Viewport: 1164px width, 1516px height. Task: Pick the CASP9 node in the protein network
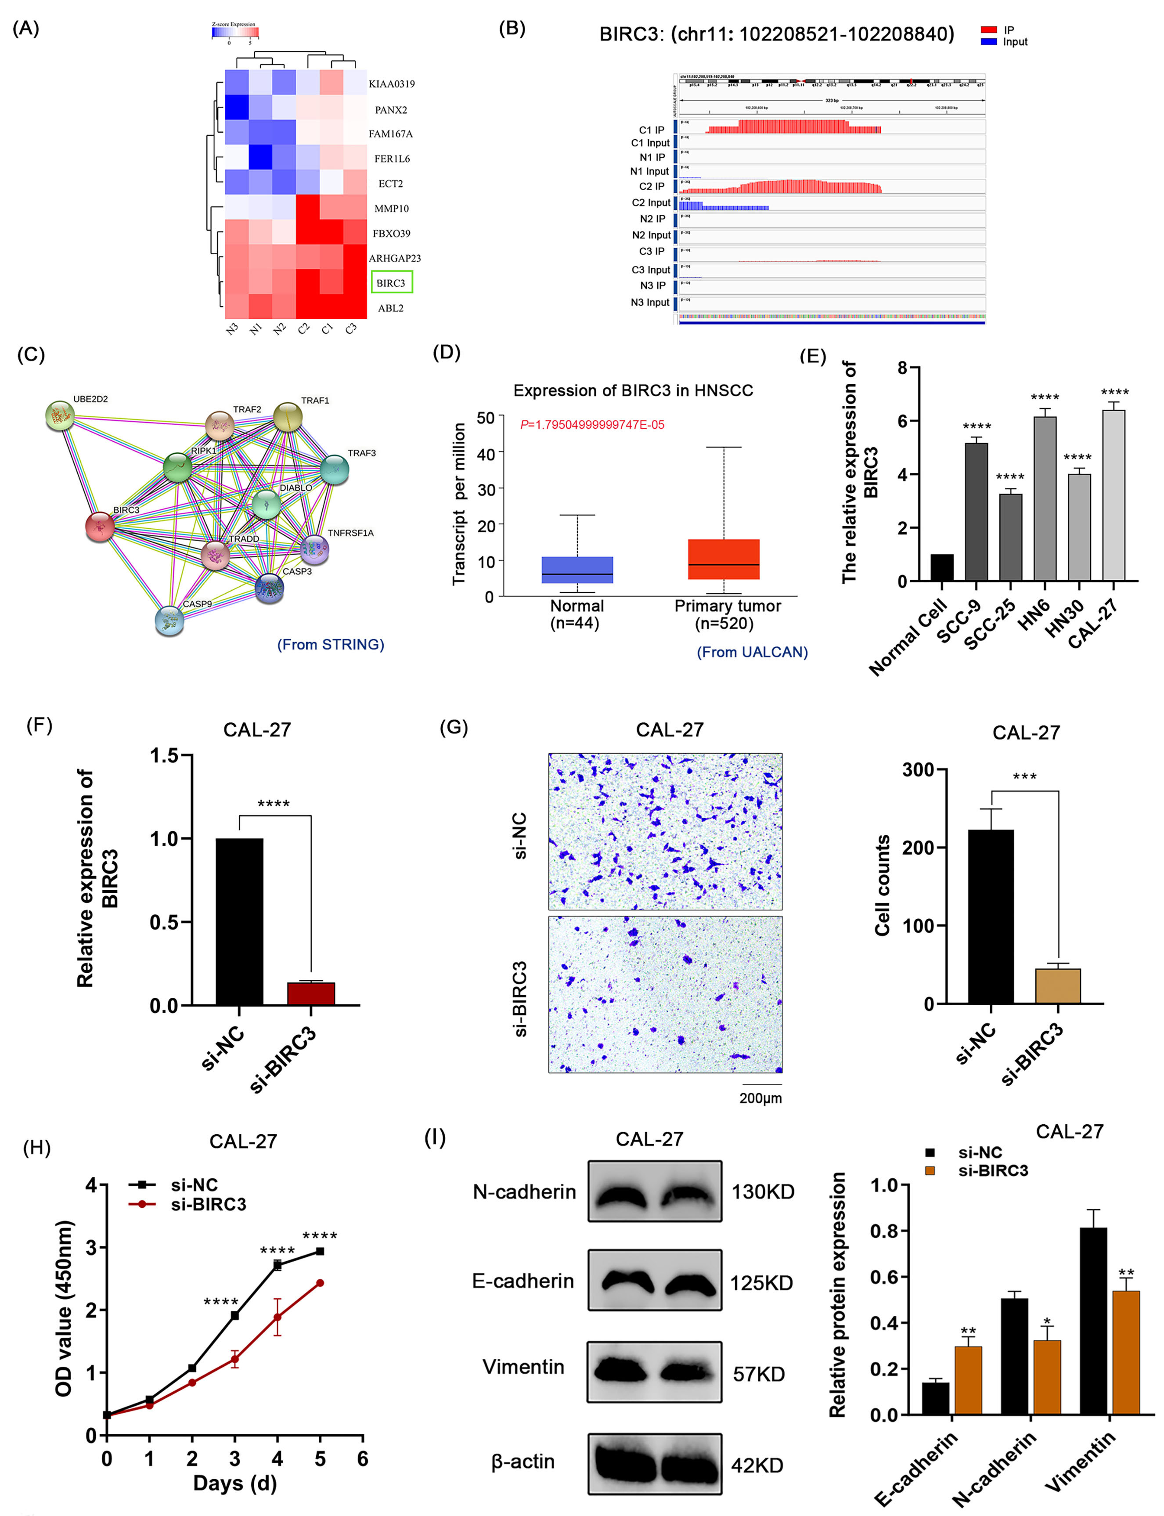(169, 620)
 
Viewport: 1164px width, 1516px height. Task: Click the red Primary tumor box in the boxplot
(723, 559)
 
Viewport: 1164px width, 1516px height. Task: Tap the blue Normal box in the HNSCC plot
(577, 570)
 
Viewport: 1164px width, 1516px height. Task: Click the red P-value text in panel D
(592, 425)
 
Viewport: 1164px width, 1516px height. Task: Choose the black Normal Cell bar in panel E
(941, 567)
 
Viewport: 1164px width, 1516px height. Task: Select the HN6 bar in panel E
(1045, 499)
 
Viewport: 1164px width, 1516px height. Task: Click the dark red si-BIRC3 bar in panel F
(311, 993)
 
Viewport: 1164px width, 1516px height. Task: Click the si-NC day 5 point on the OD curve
(320, 1251)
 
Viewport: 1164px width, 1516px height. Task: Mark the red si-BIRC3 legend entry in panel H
(208, 1204)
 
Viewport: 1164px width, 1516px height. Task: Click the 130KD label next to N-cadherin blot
(763, 1192)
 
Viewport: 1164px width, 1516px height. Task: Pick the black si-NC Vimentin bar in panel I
(1092, 1321)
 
